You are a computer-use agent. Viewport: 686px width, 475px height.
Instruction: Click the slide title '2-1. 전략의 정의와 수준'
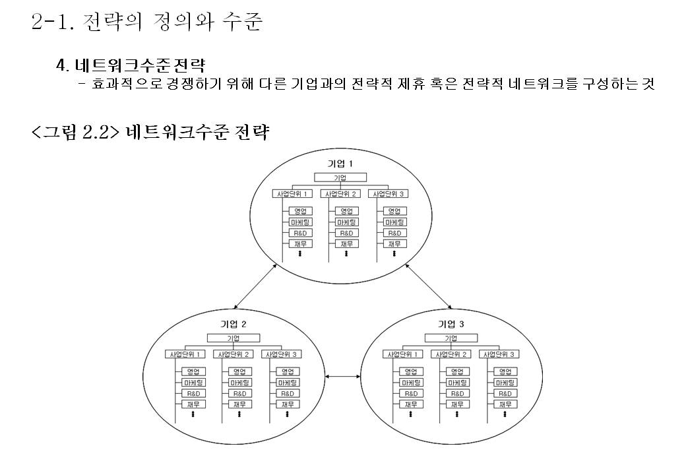click(147, 24)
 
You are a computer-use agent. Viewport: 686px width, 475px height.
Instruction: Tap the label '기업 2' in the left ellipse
click(233, 324)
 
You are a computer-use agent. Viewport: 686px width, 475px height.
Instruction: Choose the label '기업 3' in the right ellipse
click(451, 324)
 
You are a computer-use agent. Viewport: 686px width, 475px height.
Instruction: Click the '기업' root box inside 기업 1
click(340, 177)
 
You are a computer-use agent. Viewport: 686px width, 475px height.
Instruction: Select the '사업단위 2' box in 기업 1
click(340, 194)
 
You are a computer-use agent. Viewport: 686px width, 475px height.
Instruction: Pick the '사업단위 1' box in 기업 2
click(185, 354)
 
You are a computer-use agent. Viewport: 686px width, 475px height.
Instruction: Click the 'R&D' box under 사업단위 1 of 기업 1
click(299, 233)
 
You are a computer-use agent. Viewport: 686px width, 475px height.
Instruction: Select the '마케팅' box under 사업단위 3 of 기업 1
click(394, 222)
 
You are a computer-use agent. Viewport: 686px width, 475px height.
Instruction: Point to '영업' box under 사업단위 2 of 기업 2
click(239, 371)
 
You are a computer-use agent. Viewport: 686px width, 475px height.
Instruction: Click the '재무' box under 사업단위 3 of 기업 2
click(287, 404)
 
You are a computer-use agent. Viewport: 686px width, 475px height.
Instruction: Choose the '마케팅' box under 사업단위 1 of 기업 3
click(411, 383)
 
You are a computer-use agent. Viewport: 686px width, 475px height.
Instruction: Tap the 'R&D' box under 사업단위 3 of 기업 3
click(505, 393)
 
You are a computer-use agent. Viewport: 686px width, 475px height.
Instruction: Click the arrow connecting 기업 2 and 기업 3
click(343, 377)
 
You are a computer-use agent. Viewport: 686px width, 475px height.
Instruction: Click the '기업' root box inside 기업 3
click(451, 338)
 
